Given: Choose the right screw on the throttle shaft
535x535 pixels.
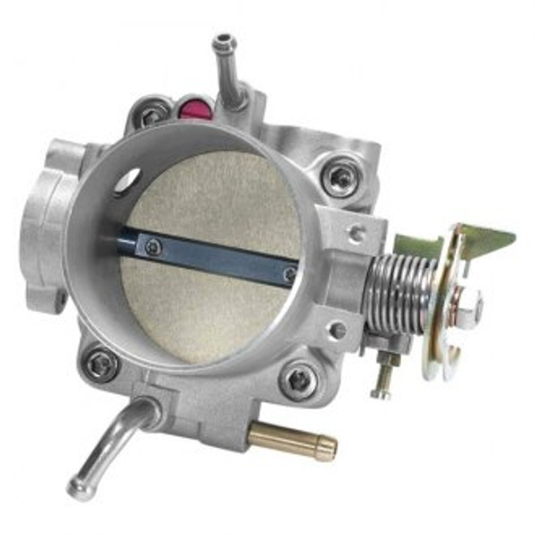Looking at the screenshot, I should pyautogui.click(x=289, y=274).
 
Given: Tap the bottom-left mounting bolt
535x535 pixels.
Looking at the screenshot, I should pyautogui.click(x=102, y=364).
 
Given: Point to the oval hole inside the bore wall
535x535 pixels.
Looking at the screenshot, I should pyautogui.click(x=128, y=181).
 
